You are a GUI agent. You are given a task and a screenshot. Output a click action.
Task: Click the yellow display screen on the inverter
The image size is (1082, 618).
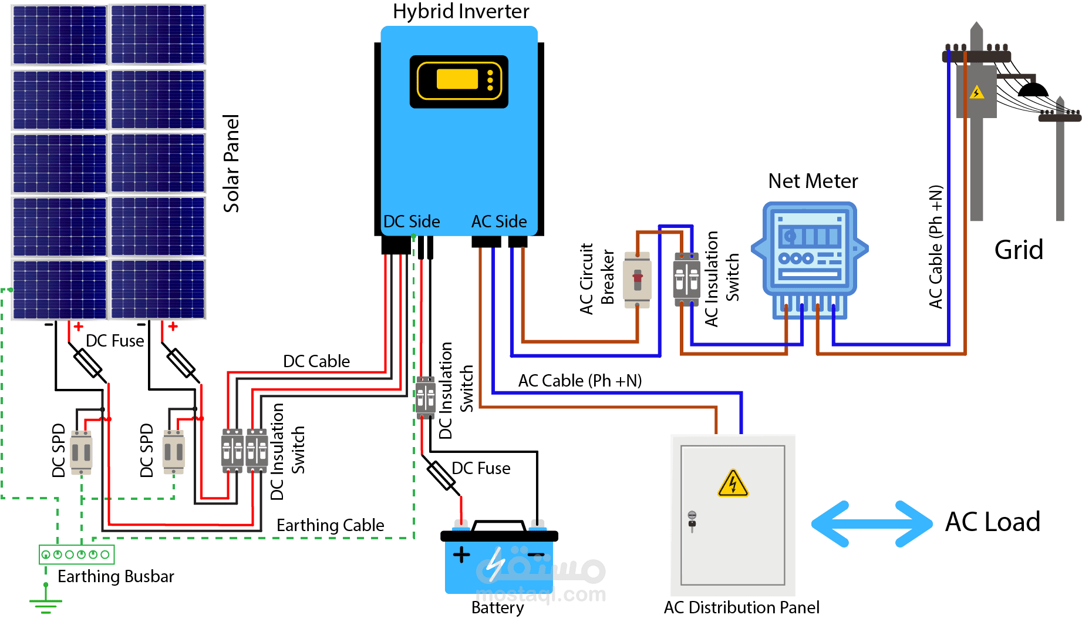(457, 79)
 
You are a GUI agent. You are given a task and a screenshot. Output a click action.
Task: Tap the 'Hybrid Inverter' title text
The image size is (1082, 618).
(461, 12)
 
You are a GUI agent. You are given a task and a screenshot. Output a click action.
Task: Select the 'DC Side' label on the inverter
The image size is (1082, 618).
(412, 221)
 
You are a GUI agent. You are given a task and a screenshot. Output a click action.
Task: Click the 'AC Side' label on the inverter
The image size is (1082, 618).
(499, 221)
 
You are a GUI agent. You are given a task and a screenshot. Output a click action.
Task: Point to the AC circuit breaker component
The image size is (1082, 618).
(637, 280)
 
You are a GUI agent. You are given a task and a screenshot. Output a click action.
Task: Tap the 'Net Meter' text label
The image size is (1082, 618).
(813, 181)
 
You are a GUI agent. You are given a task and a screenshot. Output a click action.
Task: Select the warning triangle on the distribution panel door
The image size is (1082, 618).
(733, 484)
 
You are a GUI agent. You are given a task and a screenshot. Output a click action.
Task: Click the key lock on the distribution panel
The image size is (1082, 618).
(692, 519)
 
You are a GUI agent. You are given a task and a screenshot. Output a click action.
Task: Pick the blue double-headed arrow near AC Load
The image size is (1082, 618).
(871, 523)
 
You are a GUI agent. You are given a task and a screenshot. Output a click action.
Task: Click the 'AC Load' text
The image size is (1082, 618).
(992, 522)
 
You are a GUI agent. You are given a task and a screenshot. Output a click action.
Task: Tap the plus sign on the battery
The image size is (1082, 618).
(461, 555)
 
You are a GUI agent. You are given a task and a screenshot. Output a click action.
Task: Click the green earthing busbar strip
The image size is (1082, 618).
(76, 554)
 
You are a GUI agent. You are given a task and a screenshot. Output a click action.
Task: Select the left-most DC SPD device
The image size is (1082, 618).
(81, 452)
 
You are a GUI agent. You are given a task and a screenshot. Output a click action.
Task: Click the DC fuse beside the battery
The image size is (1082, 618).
(441, 476)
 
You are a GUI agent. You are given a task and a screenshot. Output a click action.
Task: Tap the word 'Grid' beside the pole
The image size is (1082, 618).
(1019, 250)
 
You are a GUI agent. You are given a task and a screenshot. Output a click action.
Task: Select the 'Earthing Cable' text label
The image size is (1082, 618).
(330, 525)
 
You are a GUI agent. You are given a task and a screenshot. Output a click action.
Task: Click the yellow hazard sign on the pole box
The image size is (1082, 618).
(976, 93)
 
